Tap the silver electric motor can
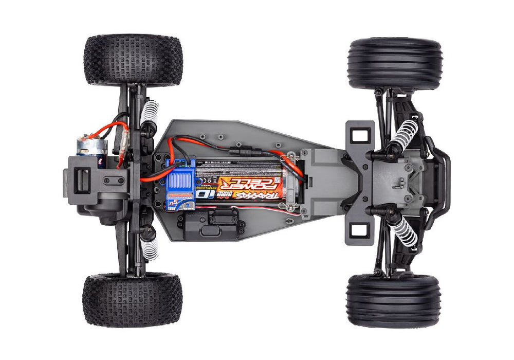click(x=89, y=146)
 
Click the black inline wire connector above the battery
click(x=238, y=153)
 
